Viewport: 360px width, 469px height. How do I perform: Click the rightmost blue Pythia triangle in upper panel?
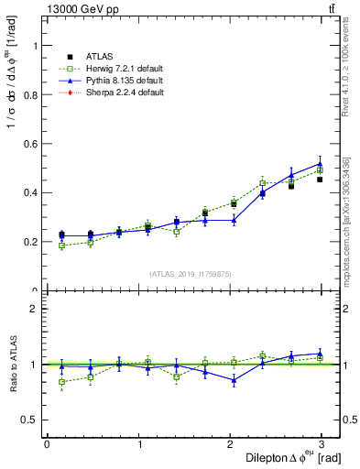(x=320, y=164)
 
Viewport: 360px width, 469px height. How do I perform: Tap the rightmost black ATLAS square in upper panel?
(x=320, y=180)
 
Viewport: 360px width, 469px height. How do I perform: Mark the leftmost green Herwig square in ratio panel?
(x=61, y=382)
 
